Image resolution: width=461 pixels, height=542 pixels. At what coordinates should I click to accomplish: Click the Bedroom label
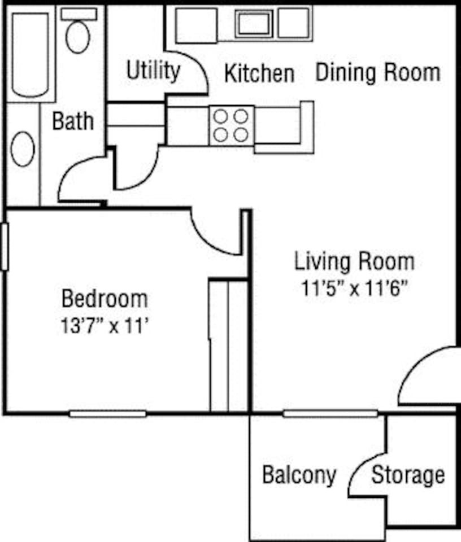105,298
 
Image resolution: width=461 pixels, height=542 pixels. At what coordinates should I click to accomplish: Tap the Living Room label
354,261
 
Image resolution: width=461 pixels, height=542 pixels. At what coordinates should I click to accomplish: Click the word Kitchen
259,73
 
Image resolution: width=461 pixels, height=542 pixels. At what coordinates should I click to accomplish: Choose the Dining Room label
377,72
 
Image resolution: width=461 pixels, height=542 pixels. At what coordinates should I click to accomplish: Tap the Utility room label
153,71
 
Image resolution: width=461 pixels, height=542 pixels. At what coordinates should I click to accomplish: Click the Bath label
73,121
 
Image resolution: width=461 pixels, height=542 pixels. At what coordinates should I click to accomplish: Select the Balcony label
299,475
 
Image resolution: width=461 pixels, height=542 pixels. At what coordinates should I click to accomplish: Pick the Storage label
408,475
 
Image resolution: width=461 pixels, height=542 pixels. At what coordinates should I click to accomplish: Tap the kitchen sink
254,24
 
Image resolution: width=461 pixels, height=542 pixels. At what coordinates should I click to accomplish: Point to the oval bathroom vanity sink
23,148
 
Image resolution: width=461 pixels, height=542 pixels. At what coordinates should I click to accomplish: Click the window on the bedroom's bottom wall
107,414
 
